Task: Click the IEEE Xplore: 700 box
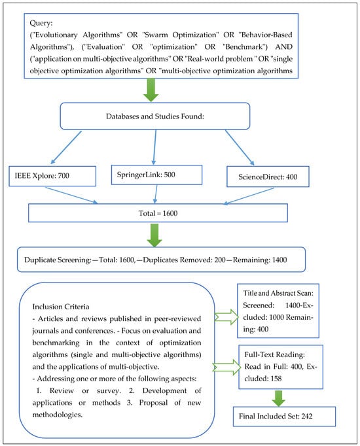click(52, 175)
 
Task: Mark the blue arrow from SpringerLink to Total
click(156, 194)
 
